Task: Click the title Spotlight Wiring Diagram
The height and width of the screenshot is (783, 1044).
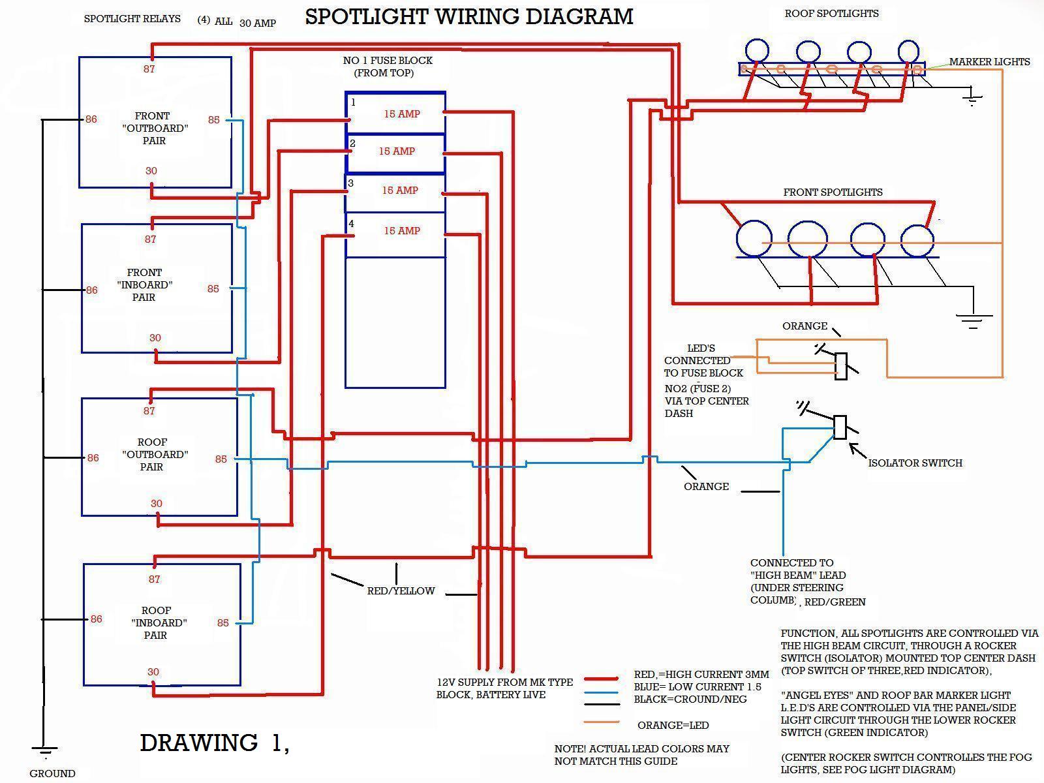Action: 468,16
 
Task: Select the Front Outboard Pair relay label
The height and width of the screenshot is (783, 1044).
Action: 155,128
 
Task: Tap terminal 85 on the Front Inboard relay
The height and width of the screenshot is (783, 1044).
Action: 213,288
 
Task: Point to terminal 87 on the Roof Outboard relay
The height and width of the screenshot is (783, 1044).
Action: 149,411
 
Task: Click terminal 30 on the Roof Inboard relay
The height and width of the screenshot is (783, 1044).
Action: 153,672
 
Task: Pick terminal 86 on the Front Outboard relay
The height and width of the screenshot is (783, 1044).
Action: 91,119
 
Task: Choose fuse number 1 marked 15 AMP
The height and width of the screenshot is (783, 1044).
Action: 395,114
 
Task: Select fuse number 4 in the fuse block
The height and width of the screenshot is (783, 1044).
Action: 395,231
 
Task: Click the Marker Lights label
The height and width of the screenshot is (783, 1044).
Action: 989,62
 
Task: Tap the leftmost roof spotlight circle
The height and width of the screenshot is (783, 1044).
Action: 757,51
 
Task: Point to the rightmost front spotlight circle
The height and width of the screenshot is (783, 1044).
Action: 917,240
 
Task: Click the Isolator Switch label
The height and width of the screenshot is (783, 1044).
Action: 915,463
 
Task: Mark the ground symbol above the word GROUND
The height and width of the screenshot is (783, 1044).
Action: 44,752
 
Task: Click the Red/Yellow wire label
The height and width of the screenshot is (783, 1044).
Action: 401,591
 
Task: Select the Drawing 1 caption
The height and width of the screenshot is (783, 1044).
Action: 214,743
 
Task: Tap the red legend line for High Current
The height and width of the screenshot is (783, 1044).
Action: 601,679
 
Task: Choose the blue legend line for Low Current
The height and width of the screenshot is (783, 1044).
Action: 601,692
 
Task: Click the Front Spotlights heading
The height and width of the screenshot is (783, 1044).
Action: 833,192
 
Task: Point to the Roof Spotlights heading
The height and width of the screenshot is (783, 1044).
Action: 831,14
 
